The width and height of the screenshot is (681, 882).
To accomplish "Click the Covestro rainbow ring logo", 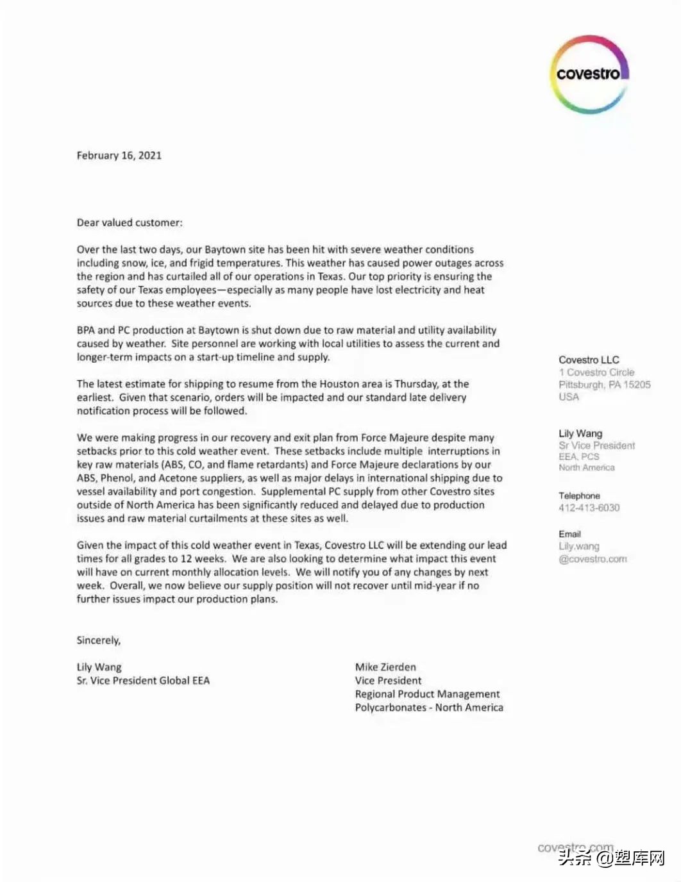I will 589,74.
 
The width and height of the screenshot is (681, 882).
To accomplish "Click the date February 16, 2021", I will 119,155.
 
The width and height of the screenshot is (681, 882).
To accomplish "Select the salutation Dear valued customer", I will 130,222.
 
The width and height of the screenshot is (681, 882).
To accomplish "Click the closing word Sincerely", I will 99,640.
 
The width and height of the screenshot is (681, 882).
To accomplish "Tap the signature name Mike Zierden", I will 385,667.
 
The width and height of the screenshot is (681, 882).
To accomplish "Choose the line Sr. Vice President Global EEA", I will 143,681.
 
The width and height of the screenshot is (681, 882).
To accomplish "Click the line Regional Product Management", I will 427,694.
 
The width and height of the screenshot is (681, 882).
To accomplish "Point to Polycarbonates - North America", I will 429,708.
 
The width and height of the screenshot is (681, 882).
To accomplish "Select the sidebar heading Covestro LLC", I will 589,360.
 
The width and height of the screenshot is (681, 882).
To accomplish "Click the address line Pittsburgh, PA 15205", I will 604,385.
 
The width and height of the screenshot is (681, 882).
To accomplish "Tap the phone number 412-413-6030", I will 589,508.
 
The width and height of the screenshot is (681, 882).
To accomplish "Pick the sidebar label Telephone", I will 579,495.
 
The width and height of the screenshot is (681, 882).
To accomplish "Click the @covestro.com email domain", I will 593,559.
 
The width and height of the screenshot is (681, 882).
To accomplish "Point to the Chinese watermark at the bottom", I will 613,858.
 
